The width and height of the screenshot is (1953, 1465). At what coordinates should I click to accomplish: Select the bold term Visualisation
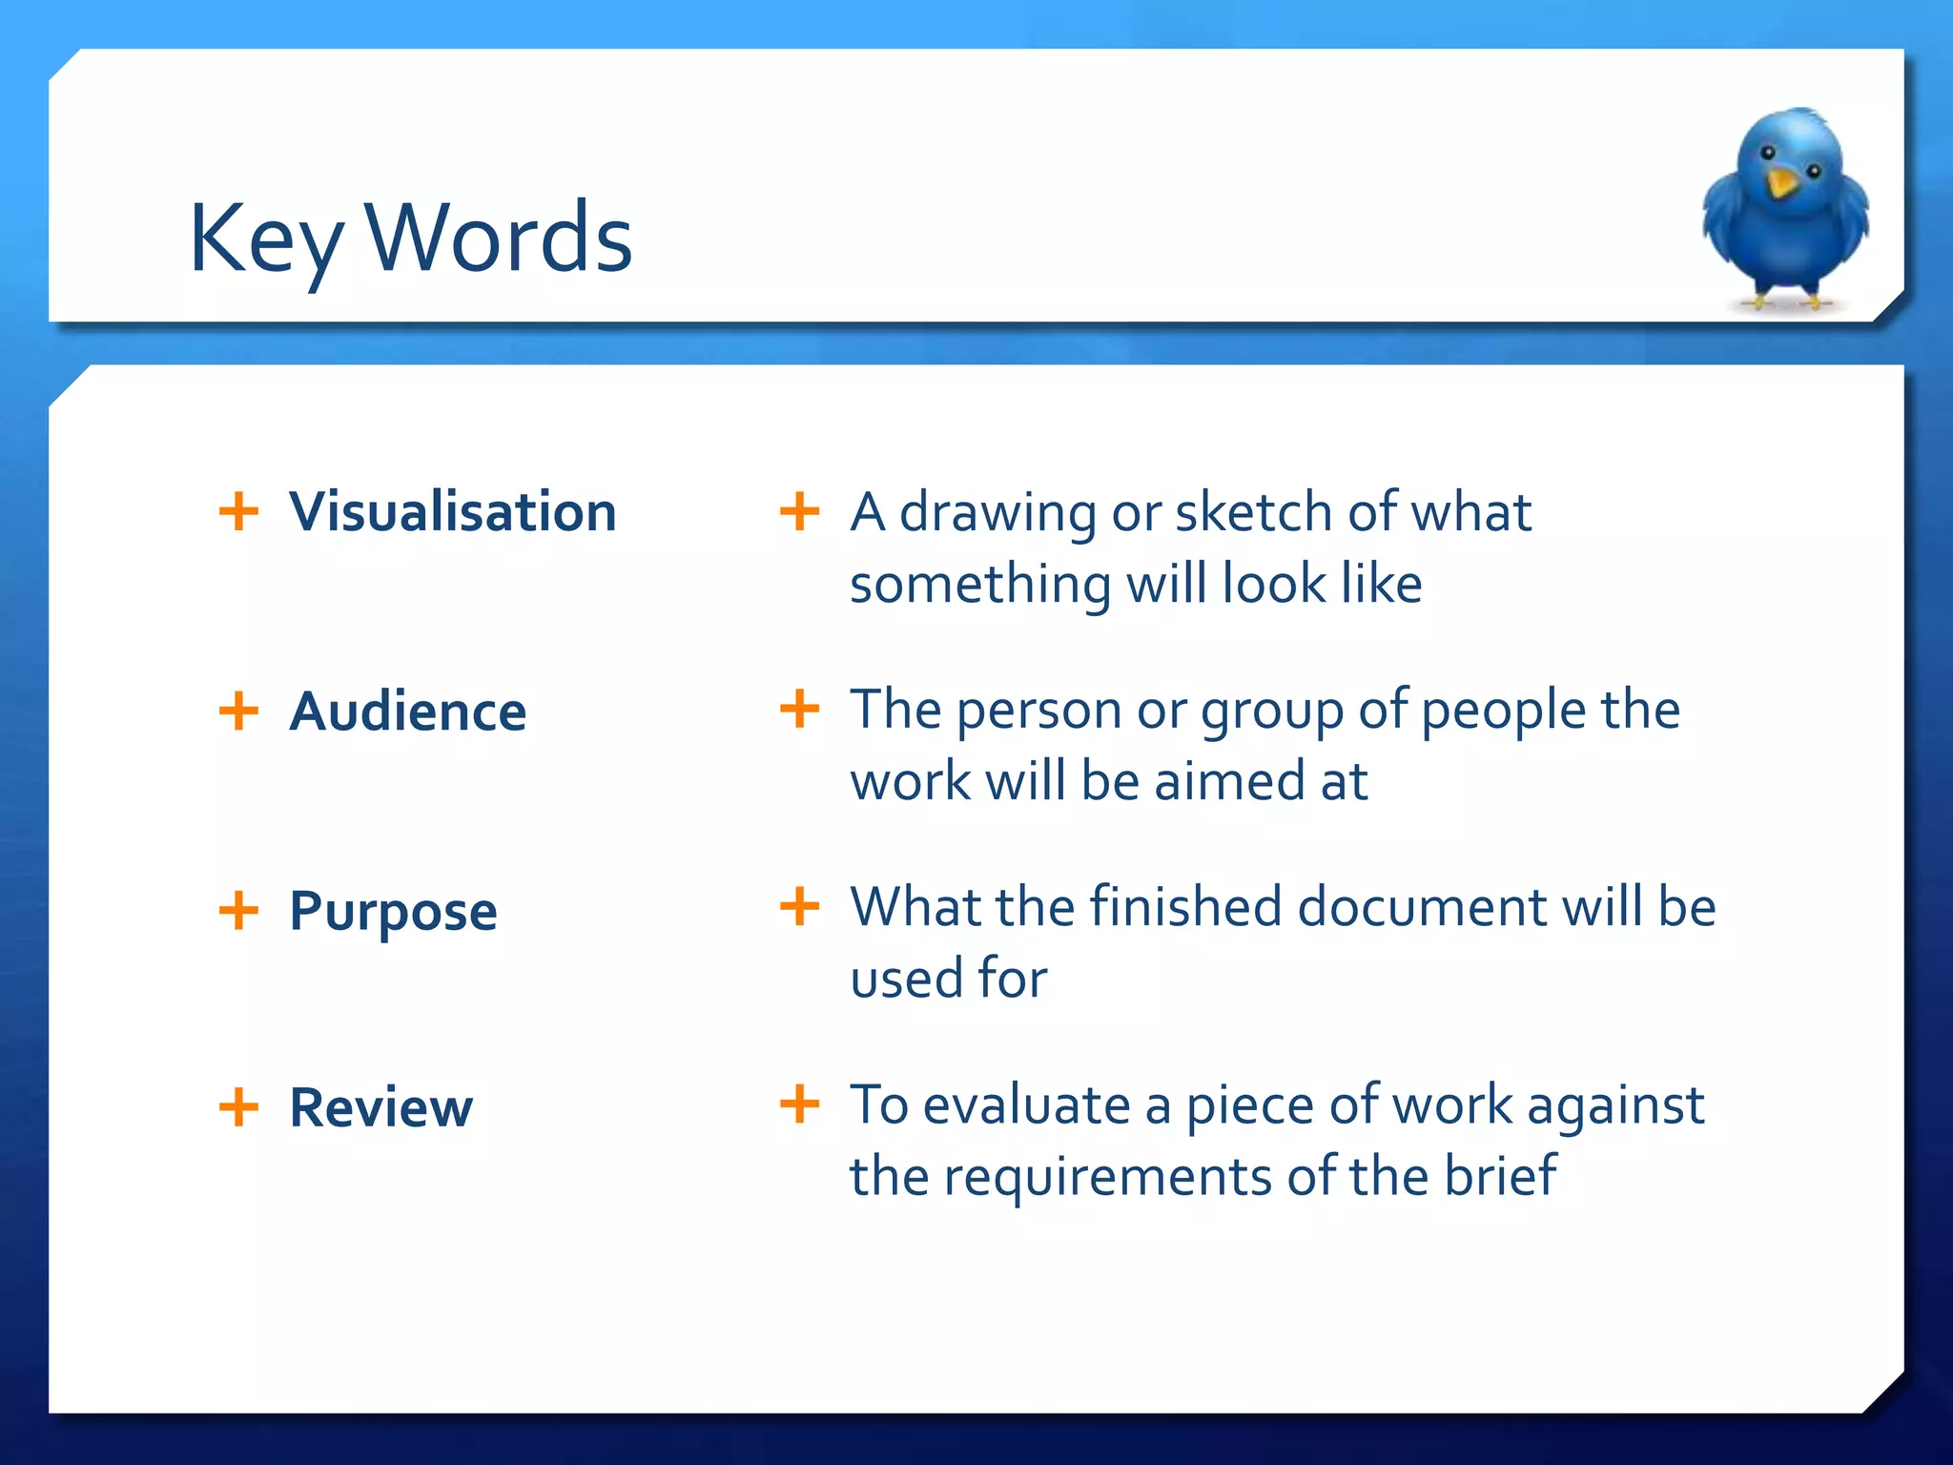453,511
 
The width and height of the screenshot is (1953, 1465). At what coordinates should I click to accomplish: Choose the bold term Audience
407,712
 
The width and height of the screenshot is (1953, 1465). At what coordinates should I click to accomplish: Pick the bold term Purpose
393,911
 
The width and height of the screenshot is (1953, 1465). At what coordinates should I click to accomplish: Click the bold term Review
380,1107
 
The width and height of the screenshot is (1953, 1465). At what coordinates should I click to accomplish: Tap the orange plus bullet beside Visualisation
238,511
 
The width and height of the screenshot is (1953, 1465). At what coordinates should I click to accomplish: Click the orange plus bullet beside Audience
238,711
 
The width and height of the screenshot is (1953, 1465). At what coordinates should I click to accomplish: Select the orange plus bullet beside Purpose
238,910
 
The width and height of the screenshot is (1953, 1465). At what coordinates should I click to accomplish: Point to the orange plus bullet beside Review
238,1107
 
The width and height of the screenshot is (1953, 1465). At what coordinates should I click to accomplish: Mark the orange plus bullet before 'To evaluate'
799,1104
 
